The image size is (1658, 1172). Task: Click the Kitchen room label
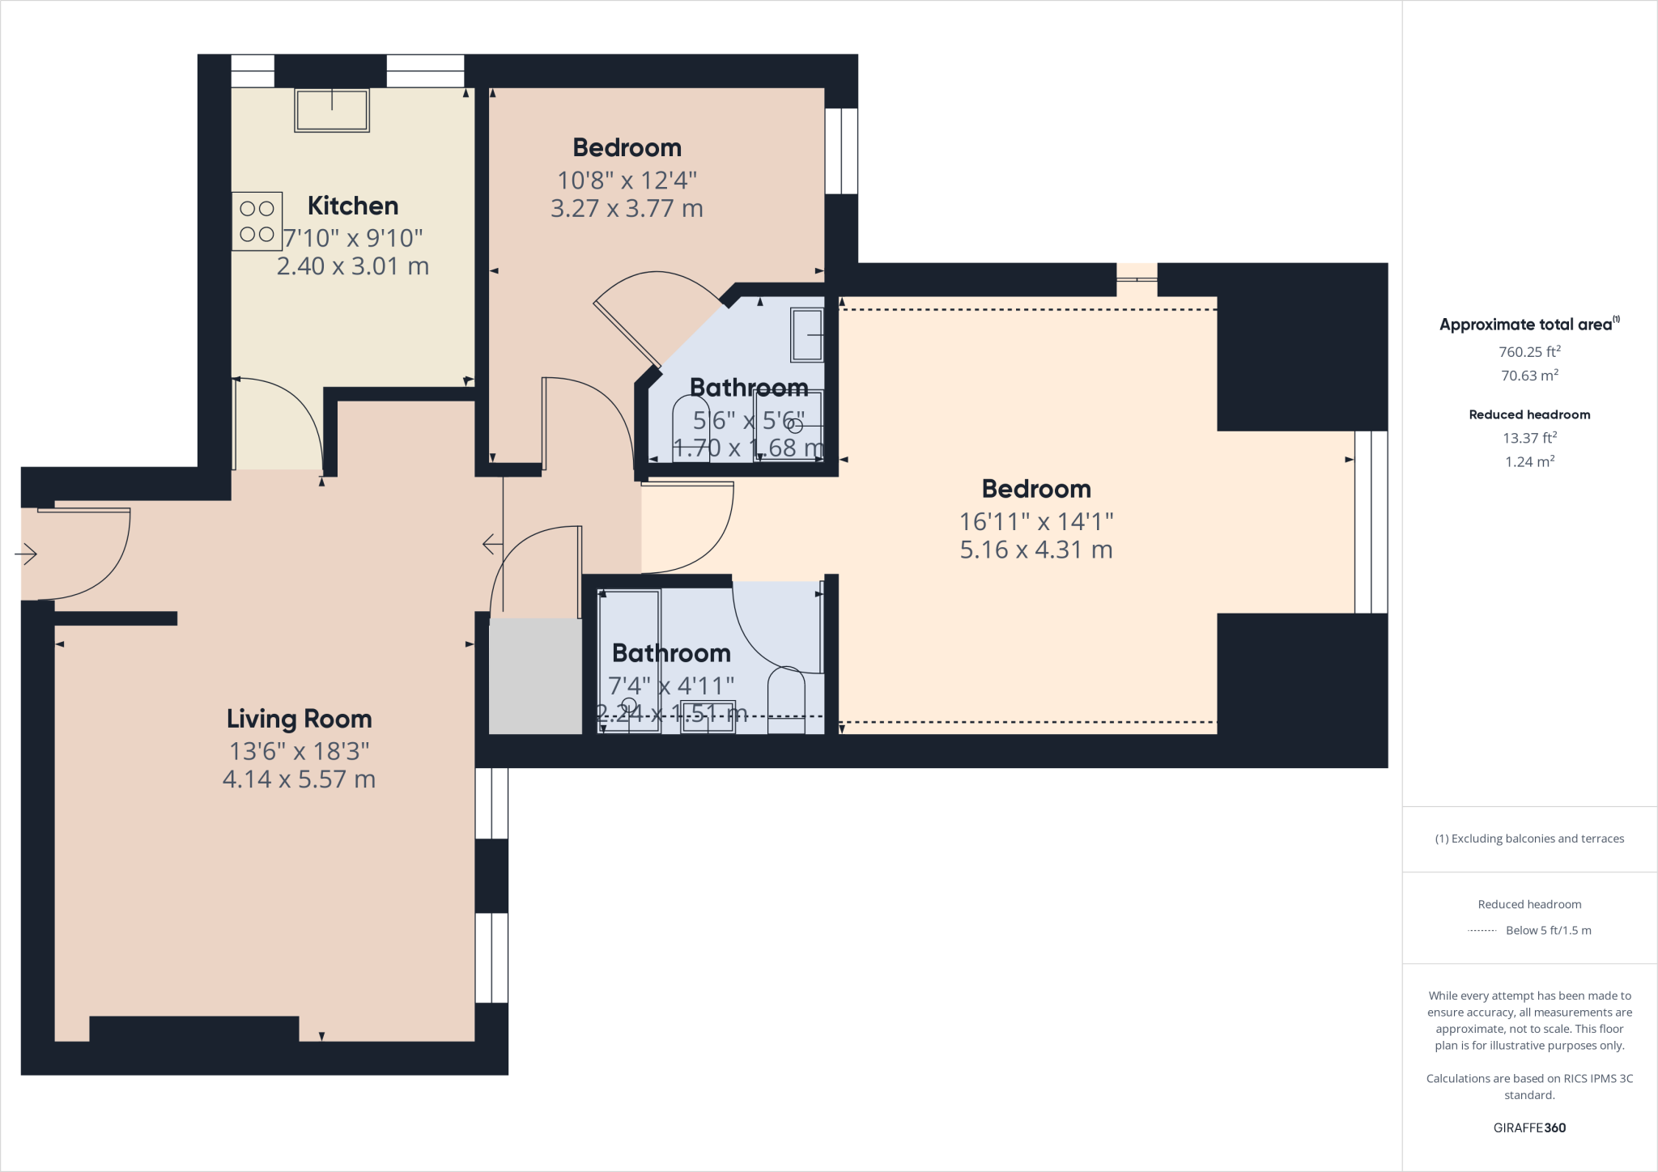point(353,206)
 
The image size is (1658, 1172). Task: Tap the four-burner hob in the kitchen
point(257,221)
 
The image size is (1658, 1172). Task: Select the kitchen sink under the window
point(332,110)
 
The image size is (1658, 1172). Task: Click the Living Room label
point(299,719)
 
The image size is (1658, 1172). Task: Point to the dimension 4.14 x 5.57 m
point(299,779)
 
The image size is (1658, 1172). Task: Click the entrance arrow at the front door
point(26,554)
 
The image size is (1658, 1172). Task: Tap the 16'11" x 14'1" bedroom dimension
point(1036,521)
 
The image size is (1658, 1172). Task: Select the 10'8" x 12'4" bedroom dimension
point(627,180)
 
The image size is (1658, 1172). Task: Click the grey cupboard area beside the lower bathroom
point(535,677)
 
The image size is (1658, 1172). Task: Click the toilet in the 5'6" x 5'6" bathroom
point(691,427)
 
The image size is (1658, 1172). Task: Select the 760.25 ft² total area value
point(1529,352)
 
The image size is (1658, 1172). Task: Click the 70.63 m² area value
point(1529,376)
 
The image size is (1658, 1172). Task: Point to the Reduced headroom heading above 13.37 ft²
point(1529,414)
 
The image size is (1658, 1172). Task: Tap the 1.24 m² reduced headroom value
point(1529,462)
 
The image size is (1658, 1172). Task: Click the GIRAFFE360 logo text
point(1529,1127)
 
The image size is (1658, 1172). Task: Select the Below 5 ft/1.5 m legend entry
point(1548,931)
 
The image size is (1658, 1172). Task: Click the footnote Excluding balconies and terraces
point(1529,839)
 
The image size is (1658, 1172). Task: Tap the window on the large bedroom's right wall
point(1371,522)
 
